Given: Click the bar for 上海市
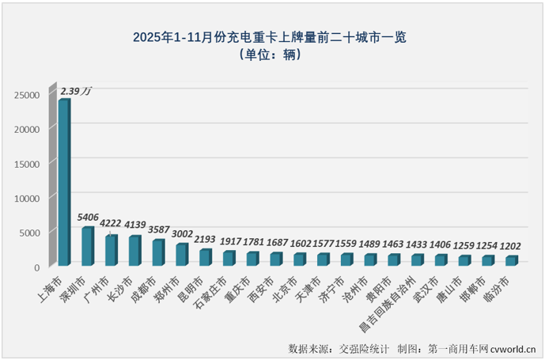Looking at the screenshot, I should click(x=63, y=182).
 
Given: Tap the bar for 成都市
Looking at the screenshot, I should click(x=158, y=252).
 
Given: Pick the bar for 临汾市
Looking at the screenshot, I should click(x=512, y=260).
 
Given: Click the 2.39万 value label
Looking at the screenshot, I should click(x=77, y=93).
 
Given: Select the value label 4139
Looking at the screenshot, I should click(x=135, y=225).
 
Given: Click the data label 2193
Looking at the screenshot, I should click(x=206, y=239).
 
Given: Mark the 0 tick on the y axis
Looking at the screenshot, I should click(x=36, y=267).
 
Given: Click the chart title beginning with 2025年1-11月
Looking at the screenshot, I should click(x=273, y=36).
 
